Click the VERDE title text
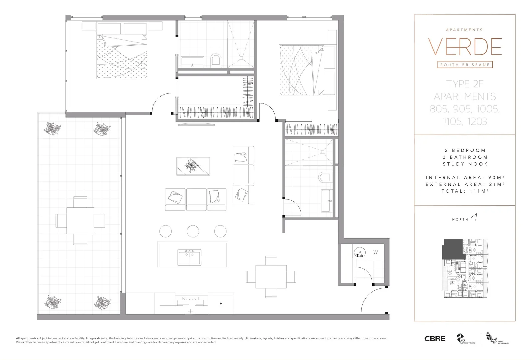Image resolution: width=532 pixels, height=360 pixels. click(x=465, y=47)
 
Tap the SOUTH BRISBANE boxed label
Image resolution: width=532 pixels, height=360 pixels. click(x=465, y=65)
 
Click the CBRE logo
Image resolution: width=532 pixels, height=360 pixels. click(x=435, y=339)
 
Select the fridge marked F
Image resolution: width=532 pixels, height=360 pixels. click(x=221, y=303)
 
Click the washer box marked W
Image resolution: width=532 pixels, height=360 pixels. click(x=375, y=252)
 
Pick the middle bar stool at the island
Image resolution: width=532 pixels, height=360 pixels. click(x=193, y=231)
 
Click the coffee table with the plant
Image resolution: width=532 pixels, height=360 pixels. click(x=193, y=166)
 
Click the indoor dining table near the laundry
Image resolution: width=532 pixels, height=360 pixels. click(x=271, y=277)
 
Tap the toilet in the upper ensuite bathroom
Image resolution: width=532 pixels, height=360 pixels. click(x=216, y=60)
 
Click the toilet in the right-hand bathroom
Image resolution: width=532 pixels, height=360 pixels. click(x=324, y=177)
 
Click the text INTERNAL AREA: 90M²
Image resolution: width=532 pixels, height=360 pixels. click(x=465, y=178)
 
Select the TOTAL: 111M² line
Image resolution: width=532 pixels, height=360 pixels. click(x=465, y=191)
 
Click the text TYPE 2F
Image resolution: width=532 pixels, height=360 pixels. click(x=465, y=84)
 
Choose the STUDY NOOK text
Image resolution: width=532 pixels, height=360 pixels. click(x=465, y=164)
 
